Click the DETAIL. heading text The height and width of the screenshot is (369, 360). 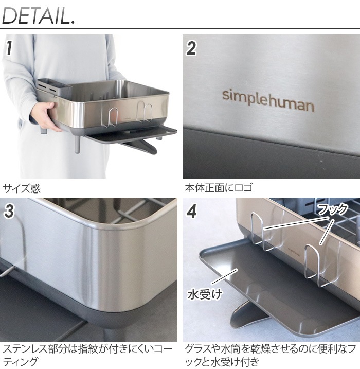39,15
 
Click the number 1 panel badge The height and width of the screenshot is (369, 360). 9,48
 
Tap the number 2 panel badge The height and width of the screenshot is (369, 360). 191,48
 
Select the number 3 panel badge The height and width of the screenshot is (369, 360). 9,210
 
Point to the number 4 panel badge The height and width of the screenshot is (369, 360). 191,211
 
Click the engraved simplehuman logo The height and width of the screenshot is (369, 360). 267,100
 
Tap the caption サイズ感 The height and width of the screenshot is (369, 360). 22,188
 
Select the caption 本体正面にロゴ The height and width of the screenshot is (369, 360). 219,188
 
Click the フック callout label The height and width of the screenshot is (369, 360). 332,210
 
